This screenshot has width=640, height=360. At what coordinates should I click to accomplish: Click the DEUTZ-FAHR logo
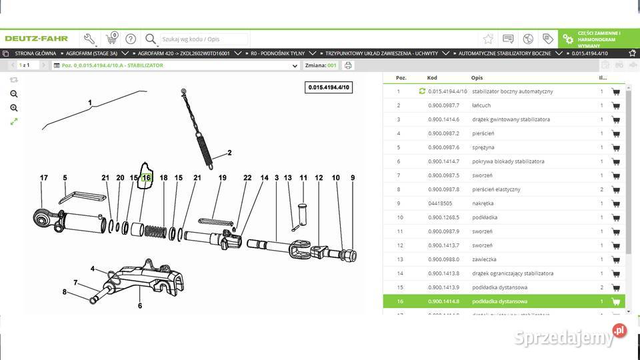[x=37, y=39]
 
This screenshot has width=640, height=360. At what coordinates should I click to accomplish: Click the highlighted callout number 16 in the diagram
[x=146, y=178]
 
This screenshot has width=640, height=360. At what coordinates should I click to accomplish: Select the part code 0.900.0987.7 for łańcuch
[x=443, y=105]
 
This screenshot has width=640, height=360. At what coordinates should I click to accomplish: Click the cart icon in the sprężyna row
[x=615, y=147]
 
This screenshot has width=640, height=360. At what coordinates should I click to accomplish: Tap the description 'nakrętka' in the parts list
[x=482, y=203]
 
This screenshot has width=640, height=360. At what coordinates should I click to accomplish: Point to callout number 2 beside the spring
[x=229, y=153]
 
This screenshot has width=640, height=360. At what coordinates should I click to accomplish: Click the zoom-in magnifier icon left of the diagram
[x=14, y=94]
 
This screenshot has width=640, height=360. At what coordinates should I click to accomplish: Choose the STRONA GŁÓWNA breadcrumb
[x=35, y=53]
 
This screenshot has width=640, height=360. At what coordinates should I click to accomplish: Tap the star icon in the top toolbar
[x=488, y=39]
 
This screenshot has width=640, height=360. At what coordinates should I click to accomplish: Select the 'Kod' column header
[x=433, y=78]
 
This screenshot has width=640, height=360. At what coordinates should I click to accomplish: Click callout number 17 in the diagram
[x=44, y=178]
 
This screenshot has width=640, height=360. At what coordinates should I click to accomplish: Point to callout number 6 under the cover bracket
[x=140, y=306]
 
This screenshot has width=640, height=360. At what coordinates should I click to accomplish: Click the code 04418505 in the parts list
[x=441, y=203]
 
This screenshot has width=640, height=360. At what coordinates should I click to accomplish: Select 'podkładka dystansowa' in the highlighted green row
[x=499, y=301]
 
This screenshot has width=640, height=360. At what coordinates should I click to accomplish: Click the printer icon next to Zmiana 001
[x=348, y=65]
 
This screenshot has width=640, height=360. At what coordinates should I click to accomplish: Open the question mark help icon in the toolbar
[x=131, y=39]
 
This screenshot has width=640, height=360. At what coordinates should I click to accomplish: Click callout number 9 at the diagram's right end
[x=353, y=178]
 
